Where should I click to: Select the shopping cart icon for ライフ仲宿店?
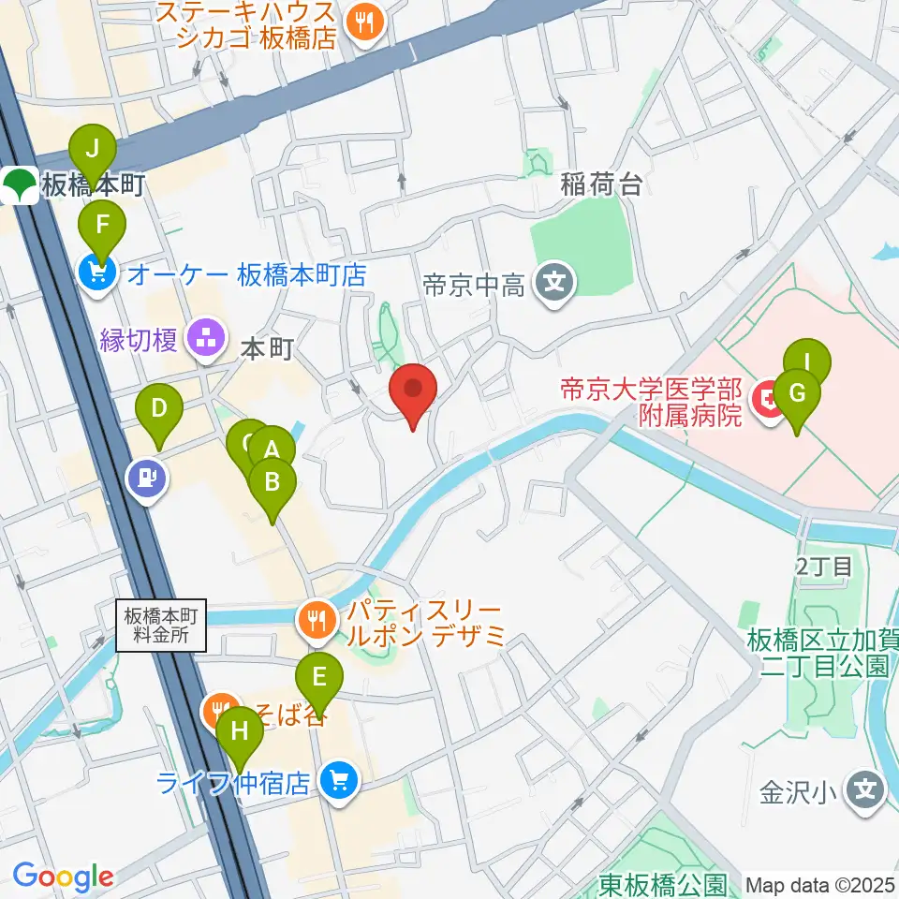point(337,781)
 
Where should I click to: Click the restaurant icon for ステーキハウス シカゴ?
point(362,22)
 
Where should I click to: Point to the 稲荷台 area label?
point(601,184)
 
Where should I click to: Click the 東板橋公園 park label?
point(663,884)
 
